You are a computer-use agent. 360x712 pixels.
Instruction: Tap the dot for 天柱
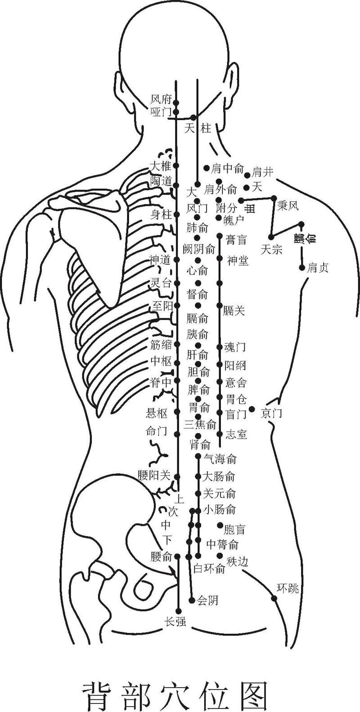[x=193, y=117]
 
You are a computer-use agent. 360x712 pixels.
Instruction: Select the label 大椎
[x=161, y=166]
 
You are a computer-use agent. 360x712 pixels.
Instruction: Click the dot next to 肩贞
[x=302, y=268]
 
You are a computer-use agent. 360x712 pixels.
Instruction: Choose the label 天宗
[x=272, y=249]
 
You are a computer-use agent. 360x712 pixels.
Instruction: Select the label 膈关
[x=234, y=310]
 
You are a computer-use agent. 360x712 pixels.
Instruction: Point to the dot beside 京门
[x=252, y=409]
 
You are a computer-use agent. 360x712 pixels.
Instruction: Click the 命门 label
[x=157, y=431]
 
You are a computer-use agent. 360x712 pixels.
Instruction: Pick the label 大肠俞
[x=219, y=476]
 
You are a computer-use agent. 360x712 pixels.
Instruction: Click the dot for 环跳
[x=274, y=598]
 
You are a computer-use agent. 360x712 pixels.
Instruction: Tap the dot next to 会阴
[x=193, y=600]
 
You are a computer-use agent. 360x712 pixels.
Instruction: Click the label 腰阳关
[x=154, y=475]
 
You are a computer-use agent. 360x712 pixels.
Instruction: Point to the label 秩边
[x=237, y=561]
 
